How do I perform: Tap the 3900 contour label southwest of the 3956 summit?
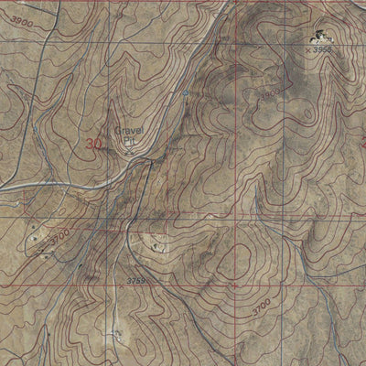pos(269,94)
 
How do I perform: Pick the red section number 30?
pos(94,144)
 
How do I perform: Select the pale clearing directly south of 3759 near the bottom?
pos(119,331)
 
